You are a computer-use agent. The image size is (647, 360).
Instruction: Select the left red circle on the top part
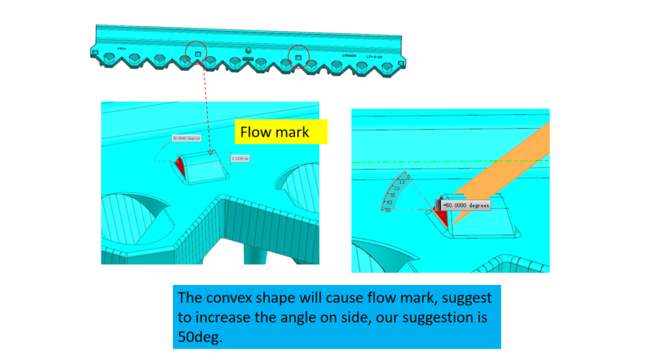click(x=197, y=55)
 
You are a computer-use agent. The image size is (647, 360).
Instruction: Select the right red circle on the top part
click(x=299, y=57)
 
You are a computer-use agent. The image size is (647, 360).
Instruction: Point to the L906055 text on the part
click(x=349, y=56)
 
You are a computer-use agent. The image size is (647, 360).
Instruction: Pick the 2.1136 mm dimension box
click(x=240, y=158)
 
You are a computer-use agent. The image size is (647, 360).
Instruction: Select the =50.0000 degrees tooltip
click(x=465, y=205)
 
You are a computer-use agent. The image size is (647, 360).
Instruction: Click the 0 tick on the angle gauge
click(x=409, y=177)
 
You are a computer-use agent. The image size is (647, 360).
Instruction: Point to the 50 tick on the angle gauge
click(x=387, y=210)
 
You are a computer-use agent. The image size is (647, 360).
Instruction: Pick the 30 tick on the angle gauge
click(x=392, y=195)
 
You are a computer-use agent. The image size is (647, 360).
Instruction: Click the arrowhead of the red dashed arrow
click(x=208, y=152)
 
